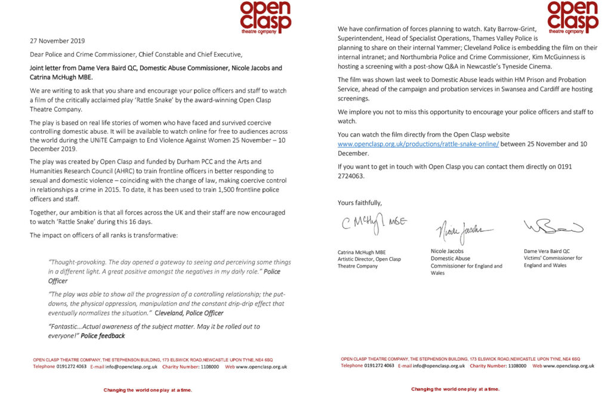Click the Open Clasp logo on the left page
click(265, 16)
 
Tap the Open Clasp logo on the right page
click(572, 16)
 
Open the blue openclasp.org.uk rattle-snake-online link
click(418, 144)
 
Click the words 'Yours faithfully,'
click(359, 203)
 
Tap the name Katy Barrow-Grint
click(508, 29)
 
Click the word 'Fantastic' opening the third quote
click(63, 327)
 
